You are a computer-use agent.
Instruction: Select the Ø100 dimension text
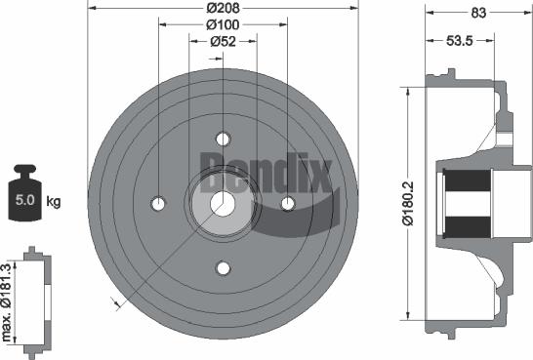[x=224, y=25]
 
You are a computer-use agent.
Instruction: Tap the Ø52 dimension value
[x=224, y=41]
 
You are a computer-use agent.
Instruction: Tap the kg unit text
[x=54, y=202]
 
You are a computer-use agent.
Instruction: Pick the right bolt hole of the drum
[x=288, y=203]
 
